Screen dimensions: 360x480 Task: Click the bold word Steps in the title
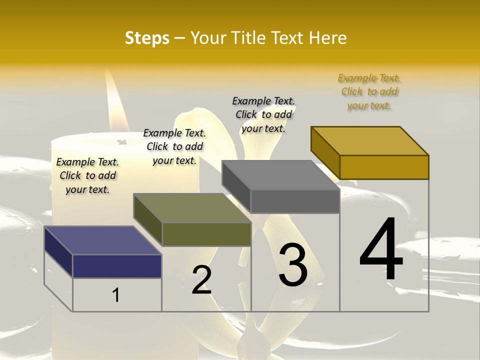[x=147, y=38]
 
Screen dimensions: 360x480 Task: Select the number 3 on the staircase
[x=292, y=265]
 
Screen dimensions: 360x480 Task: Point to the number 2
[x=201, y=280]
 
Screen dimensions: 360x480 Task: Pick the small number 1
[x=116, y=295]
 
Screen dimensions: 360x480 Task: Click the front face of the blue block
[x=117, y=266]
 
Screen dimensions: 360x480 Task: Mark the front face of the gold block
[x=384, y=167]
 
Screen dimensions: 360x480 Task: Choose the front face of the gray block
[x=295, y=201]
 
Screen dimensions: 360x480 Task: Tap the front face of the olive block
[x=206, y=234]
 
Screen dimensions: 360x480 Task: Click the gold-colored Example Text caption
[x=369, y=92]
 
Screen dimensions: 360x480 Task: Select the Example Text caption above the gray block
[x=263, y=114]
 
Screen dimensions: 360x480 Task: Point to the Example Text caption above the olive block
[x=174, y=146]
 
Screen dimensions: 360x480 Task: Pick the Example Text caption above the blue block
[x=87, y=175]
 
